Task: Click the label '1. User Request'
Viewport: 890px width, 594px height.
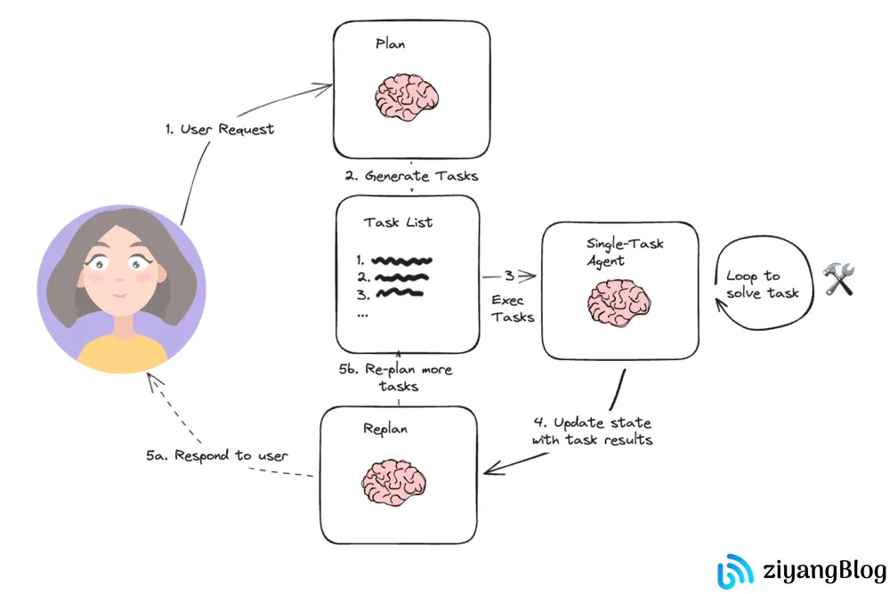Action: (x=220, y=129)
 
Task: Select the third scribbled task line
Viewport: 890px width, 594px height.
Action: (x=398, y=293)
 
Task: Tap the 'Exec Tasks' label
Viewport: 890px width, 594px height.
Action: (x=513, y=309)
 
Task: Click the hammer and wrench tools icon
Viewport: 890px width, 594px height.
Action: (x=838, y=278)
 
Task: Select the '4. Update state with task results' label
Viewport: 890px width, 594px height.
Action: (x=592, y=430)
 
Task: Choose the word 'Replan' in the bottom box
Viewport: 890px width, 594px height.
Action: (x=384, y=429)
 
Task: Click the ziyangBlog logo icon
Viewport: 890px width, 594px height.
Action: (x=736, y=570)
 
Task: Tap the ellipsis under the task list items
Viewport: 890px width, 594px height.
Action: (x=362, y=314)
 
